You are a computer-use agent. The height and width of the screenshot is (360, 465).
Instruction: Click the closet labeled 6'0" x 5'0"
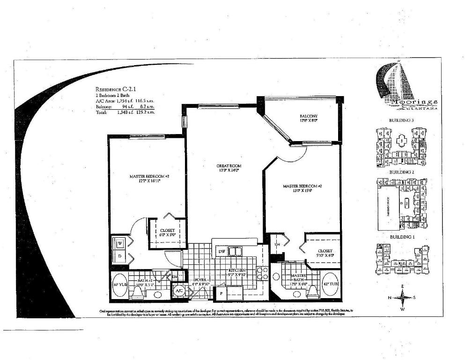click(x=167, y=231)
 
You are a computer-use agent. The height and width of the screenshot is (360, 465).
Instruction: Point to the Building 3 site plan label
click(x=401, y=120)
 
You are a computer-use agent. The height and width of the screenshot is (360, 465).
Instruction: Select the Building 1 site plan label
click(x=402, y=237)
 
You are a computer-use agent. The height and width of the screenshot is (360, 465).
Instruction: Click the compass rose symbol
click(x=402, y=297)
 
